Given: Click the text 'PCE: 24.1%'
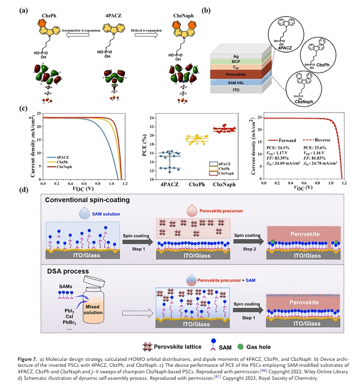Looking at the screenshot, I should coord(277,147).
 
